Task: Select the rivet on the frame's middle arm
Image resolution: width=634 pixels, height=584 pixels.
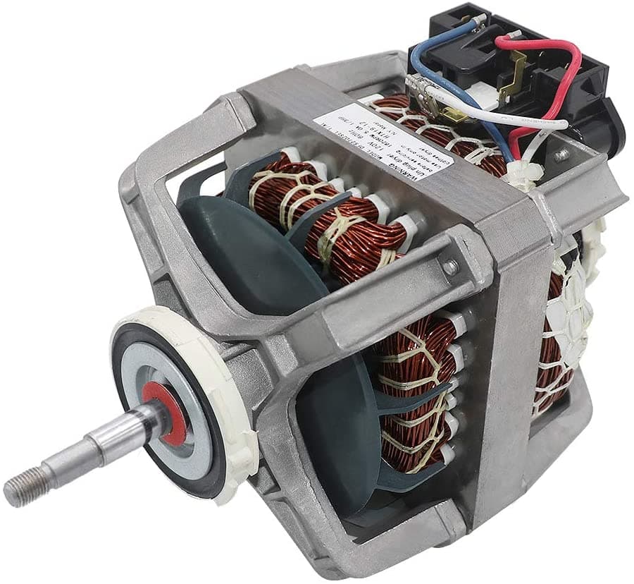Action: point(449,267)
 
